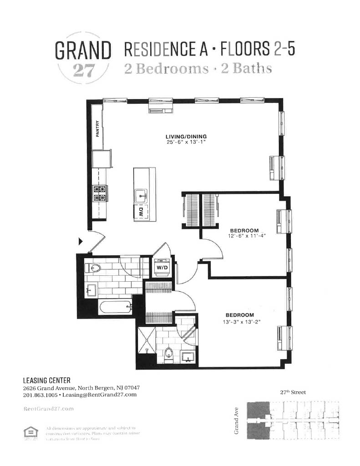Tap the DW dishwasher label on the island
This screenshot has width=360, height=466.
tap(141, 211)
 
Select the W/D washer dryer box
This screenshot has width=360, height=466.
tap(162, 268)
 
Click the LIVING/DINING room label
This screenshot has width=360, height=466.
tap(186, 136)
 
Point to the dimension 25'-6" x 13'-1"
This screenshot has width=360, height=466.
tap(186, 142)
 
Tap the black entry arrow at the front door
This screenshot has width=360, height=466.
tap(81, 241)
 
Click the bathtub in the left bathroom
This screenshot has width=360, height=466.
tap(115, 307)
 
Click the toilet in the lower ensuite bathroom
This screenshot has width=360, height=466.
tap(169, 352)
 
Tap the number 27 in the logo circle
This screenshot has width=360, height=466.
tap(83, 72)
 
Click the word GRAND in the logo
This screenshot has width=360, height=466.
tap(83, 51)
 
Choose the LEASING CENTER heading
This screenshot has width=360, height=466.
tap(46, 380)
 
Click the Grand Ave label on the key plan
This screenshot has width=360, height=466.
tap(237, 421)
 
